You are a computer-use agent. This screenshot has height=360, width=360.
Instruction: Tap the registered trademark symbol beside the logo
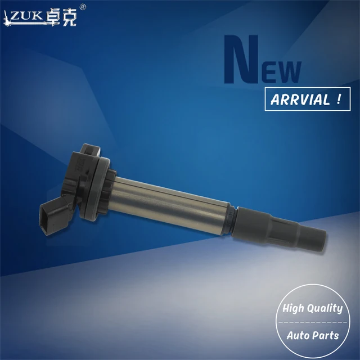[83, 7]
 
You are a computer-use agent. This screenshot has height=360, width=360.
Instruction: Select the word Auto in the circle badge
[298, 335]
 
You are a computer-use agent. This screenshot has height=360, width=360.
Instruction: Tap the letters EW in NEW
[282, 72]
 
